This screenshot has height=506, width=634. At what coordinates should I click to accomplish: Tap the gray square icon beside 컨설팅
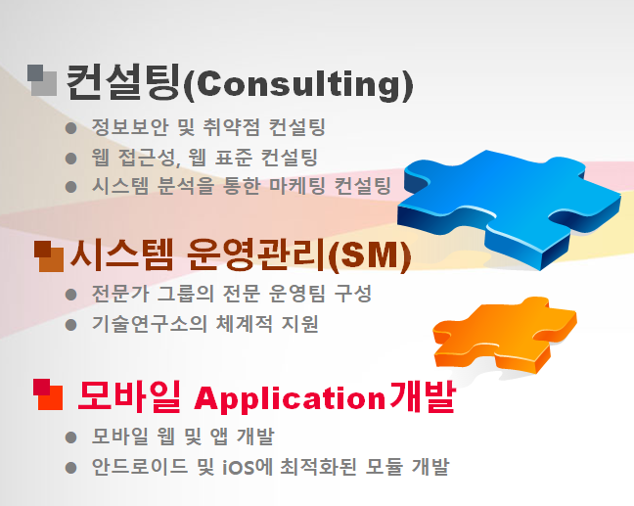(x=42, y=80)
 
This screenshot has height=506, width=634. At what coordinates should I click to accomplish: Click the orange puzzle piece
(x=506, y=335)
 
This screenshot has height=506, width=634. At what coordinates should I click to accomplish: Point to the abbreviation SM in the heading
(x=369, y=255)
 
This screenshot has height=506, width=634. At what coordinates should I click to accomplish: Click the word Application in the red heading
(x=290, y=398)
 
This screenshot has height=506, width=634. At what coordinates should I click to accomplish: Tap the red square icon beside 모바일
(x=48, y=394)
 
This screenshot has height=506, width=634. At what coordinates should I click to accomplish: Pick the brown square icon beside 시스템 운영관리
(x=49, y=256)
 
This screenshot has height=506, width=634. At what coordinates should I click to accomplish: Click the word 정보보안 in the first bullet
(x=130, y=126)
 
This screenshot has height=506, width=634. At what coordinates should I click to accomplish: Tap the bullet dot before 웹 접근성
(x=71, y=159)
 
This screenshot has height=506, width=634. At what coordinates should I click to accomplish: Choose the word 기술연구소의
(x=150, y=324)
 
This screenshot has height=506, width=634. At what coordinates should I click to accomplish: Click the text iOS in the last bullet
(x=239, y=468)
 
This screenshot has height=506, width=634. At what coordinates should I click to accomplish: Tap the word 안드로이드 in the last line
(x=140, y=466)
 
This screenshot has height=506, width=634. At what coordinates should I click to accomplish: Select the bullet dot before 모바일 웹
(x=71, y=437)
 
